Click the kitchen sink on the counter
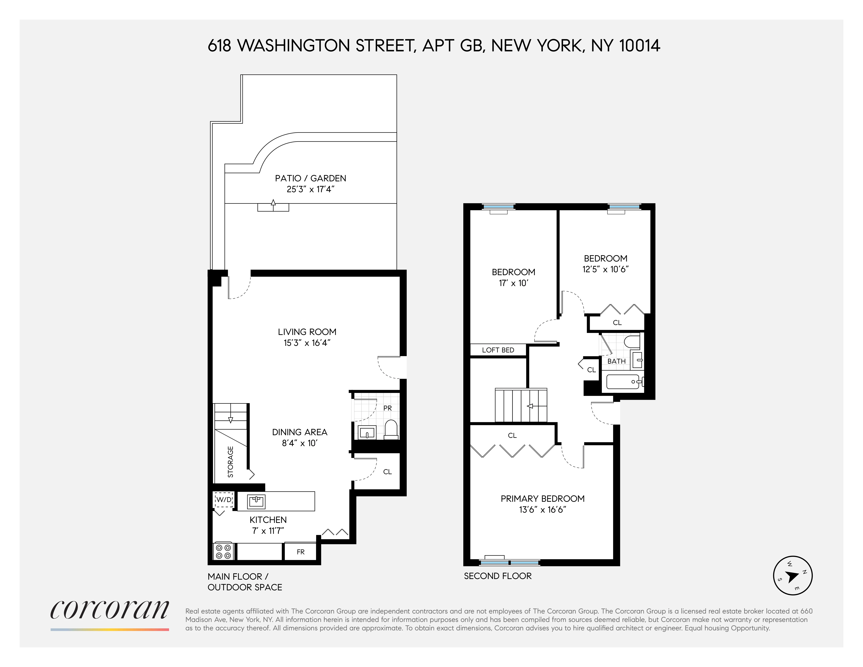tap(256, 501)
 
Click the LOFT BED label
tap(498, 350)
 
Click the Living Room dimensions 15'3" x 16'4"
tap(307, 343)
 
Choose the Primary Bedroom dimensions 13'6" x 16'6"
tap(543, 510)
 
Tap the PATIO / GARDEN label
tap(311, 178)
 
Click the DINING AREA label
tap(299, 432)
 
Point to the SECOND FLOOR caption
tap(497, 576)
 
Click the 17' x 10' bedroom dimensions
tap(513, 283)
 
